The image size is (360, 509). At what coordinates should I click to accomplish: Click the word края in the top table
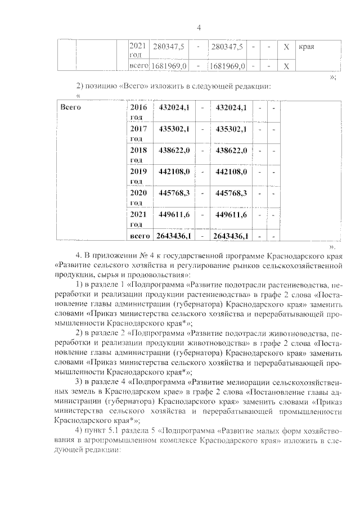306,47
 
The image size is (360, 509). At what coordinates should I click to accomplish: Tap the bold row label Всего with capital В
71,107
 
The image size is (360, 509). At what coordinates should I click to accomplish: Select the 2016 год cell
138,111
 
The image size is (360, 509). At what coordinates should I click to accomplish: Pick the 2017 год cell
138,133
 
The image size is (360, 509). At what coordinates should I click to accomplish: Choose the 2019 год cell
138,176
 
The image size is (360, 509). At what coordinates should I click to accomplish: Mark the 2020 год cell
138,197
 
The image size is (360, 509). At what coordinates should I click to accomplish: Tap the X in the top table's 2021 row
286,47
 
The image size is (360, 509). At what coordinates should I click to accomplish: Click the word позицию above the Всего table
104,86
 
